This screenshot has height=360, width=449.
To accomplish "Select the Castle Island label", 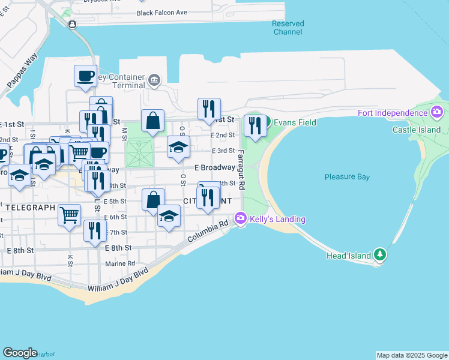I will (417, 130).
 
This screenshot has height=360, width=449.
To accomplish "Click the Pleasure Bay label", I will (347, 177).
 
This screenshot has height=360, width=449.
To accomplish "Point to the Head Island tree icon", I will (380, 254).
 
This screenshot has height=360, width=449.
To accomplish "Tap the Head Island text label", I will (349, 256).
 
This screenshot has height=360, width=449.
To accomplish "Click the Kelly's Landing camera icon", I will (241, 219).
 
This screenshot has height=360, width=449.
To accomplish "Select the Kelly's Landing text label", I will (277, 220).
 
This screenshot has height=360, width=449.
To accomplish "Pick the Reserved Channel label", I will (288, 28).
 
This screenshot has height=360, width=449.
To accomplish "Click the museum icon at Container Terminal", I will (155, 80).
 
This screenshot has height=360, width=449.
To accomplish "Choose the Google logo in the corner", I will (20, 353).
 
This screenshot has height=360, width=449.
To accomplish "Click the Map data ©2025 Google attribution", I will (412, 355).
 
